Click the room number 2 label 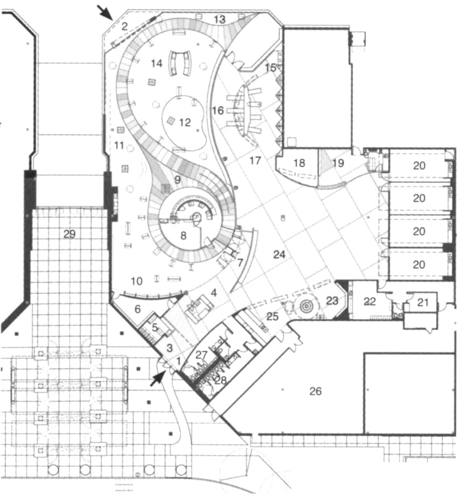[125, 26]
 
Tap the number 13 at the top [220, 19]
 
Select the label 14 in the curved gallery [157, 63]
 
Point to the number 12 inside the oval [185, 122]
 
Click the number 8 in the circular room [183, 236]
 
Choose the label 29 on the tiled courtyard [69, 234]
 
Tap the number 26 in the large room [315, 391]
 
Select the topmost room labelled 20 [419, 166]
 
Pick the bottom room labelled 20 [419, 264]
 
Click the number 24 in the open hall [279, 254]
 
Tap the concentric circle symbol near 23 [306, 307]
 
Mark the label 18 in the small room [299, 163]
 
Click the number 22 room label [369, 301]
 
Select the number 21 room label [423, 302]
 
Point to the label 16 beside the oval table [218, 111]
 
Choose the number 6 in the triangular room [137, 309]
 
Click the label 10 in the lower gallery [136, 281]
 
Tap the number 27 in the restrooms [201, 355]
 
